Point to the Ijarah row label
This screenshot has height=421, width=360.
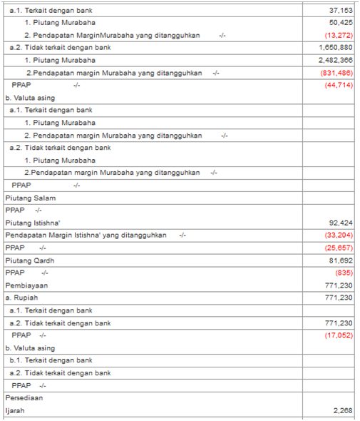[x=15, y=410]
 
